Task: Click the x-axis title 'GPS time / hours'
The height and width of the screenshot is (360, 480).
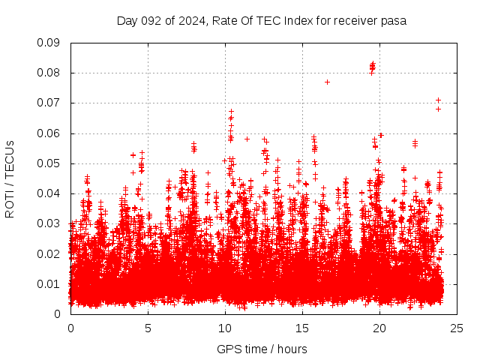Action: tap(262, 349)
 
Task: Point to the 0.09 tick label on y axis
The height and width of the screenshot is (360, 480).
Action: tap(49, 43)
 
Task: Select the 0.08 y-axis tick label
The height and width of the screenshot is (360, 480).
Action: tap(49, 73)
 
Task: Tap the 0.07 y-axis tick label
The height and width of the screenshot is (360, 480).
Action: tap(49, 103)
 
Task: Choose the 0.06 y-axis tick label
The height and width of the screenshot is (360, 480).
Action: tap(49, 133)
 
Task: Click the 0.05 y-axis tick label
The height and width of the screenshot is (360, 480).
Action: tap(49, 163)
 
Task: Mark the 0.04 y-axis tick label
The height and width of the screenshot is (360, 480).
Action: tap(49, 193)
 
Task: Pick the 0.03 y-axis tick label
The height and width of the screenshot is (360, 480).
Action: tap(49, 223)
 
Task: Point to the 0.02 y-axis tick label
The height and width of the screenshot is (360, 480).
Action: tap(49, 253)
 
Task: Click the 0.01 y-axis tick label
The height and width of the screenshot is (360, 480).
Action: tap(49, 283)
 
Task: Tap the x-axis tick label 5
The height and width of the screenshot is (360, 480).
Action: tap(148, 328)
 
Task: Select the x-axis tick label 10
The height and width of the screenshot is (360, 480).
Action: tap(225, 328)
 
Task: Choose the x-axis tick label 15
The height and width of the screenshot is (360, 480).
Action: tap(302, 328)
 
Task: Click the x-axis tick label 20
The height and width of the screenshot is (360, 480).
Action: tap(379, 328)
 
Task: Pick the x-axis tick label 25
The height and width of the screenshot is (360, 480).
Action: tap(457, 328)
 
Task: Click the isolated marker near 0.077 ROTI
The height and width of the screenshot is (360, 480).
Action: tap(327, 82)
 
